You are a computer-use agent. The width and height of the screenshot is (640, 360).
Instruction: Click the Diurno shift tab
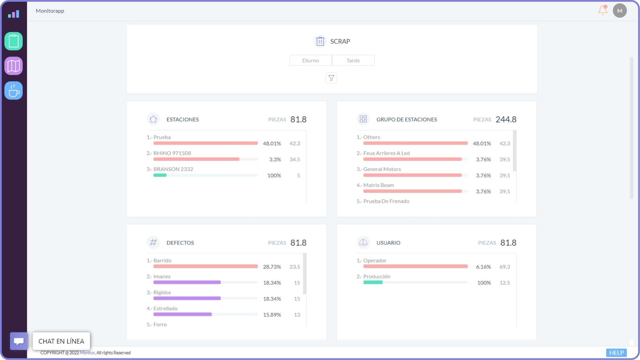point(310,60)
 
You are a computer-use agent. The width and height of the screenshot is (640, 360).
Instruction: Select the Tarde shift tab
point(353,60)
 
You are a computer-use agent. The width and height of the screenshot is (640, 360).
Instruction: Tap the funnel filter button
point(331,78)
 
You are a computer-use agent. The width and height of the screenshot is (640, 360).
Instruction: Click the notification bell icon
point(603,11)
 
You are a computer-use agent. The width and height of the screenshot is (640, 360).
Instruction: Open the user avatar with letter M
point(620,11)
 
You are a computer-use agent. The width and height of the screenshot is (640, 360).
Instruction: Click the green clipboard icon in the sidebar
point(13,41)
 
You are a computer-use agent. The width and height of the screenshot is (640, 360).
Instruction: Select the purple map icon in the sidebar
point(13,66)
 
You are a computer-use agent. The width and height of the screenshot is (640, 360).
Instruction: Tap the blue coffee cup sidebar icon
point(13,91)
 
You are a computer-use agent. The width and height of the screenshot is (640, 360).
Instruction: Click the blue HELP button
point(616,353)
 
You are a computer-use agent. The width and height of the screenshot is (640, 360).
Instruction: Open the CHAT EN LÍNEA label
point(61,341)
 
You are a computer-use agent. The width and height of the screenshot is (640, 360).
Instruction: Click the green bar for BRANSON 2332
point(160,175)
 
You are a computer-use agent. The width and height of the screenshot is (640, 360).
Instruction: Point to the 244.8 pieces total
point(506,119)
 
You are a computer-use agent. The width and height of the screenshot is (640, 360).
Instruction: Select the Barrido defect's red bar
point(205,267)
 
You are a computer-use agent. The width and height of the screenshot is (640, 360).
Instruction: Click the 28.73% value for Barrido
point(272,267)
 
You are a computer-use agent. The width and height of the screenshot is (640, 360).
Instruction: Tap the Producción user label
point(377,276)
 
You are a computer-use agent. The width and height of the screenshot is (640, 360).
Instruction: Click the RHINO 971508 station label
point(172,153)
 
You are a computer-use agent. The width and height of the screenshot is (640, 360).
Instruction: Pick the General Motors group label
point(382,169)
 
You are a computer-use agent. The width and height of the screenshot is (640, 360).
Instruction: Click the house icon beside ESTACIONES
point(153,119)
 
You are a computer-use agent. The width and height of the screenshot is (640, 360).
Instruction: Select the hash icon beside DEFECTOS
point(153,243)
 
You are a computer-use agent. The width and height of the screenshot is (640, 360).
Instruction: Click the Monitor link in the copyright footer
point(87,353)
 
